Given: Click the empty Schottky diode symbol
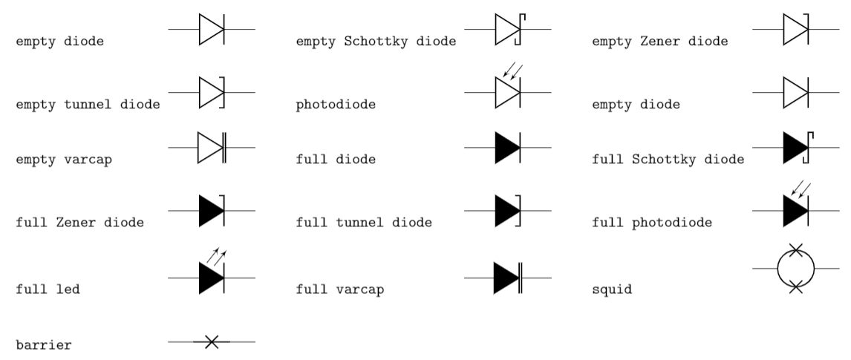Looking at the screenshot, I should tap(509, 30).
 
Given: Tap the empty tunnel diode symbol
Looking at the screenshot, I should tap(212, 92).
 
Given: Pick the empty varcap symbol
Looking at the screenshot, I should tap(212, 148).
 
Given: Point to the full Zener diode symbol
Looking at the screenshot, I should tap(212, 211).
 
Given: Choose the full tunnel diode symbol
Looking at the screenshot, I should tap(509, 211).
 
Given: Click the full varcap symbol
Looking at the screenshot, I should tap(509, 278).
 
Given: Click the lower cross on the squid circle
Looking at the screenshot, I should tap(796, 286).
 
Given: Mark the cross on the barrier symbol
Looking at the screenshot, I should tap(212, 341).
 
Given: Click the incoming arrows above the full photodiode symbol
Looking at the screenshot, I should tap(801, 190).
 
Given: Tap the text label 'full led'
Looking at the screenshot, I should tap(48, 289).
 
